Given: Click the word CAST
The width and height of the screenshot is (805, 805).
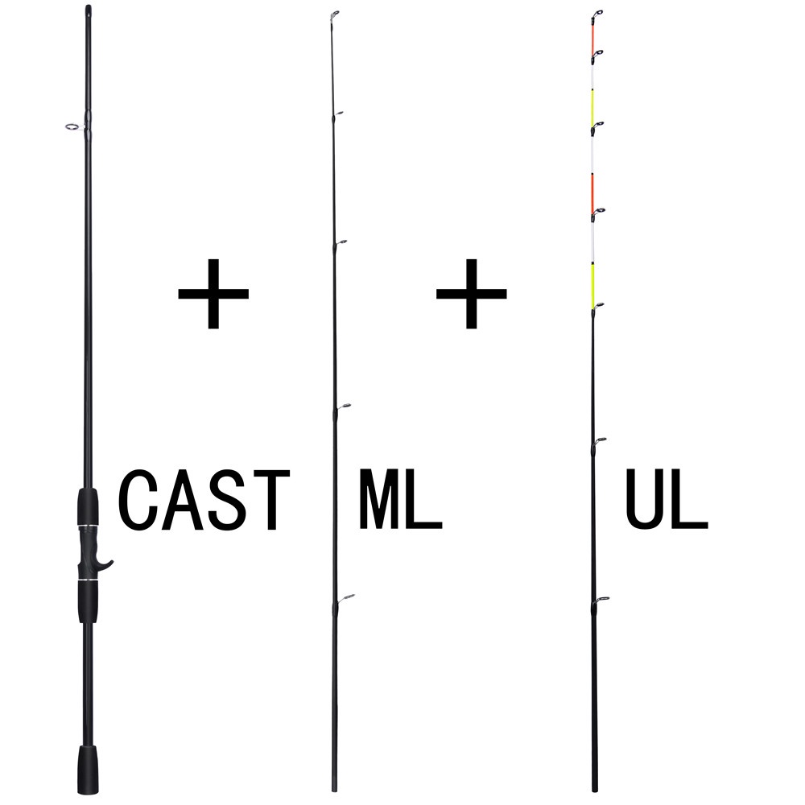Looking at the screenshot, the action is pos(204,501).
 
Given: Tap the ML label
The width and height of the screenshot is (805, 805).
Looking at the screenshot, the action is pos(400,501).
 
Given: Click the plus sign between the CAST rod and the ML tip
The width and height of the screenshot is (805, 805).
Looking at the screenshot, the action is pos(213,293).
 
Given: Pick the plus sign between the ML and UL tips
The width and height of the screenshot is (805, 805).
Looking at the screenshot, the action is pos(471,293).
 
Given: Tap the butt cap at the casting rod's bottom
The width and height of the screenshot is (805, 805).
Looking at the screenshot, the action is pos(88,770).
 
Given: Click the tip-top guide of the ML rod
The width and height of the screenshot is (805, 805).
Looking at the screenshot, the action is pos(336,14).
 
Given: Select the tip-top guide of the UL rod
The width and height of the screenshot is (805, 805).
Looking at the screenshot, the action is pos(597,14).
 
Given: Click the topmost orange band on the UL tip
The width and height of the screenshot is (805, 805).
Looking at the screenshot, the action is pos(592,36).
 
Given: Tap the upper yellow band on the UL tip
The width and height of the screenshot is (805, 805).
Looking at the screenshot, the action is pos(592,107).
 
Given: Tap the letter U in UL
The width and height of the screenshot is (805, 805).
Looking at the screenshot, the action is pos(645,501).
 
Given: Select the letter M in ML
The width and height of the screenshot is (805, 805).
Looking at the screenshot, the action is pos(378,501).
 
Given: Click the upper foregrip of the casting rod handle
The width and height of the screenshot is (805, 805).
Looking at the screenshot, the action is pos(88,507).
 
